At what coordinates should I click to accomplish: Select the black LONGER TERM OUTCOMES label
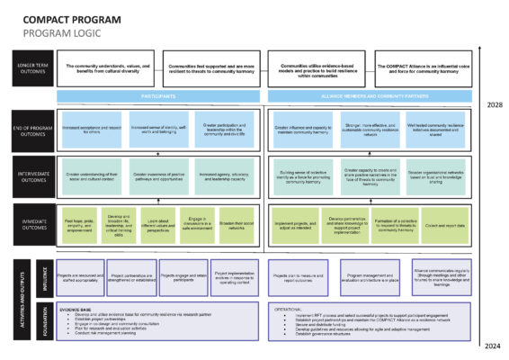tap(31, 68)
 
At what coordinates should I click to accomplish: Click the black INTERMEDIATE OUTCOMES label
tap(31, 176)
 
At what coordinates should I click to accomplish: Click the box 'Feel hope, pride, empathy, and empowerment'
tap(78, 226)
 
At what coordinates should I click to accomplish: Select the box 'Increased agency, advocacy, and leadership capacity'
tap(228, 176)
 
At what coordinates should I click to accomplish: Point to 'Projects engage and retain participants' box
tap(183, 279)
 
